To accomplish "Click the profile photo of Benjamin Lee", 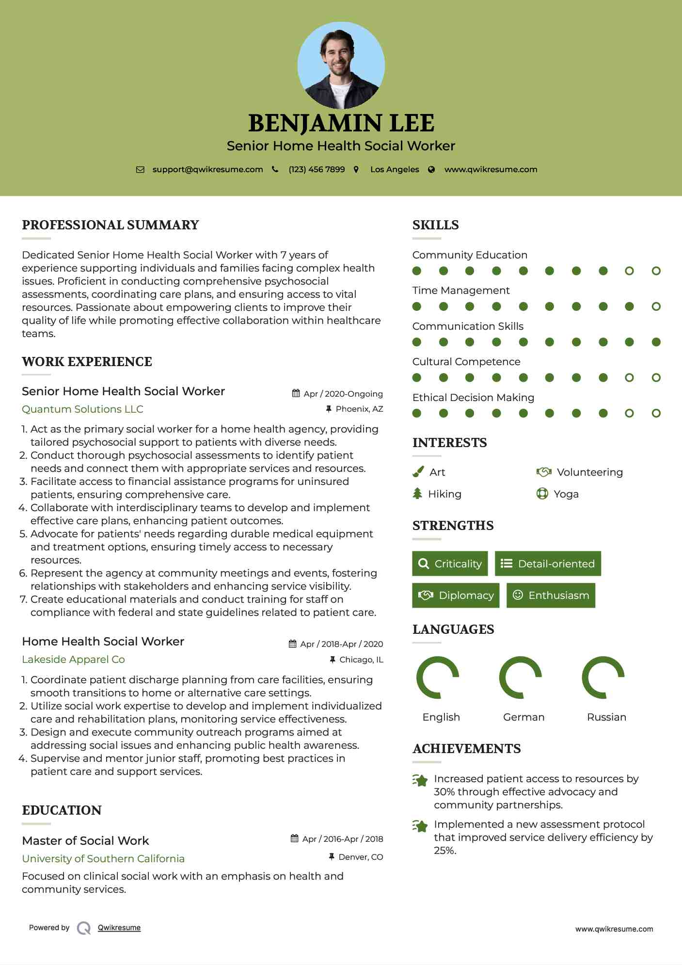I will pyautogui.click(x=341, y=65).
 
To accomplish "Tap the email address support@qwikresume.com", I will pyautogui.click(x=207, y=169).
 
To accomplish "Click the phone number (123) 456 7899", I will pyautogui.click(x=317, y=169).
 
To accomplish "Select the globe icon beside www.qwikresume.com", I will pyautogui.click(x=431, y=170).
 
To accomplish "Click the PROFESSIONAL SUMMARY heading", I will pyautogui.click(x=111, y=225).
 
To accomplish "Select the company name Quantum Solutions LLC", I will pyautogui.click(x=82, y=409).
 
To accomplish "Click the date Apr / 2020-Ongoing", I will pyautogui.click(x=343, y=394).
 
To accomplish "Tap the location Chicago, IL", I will pyautogui.click(x=361, y=659).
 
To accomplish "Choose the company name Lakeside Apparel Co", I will pyautogui.click(x=73, y=659).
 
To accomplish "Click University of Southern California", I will pyautogui.click(x=103, y=858).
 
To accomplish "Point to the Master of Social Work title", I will pyautogui.click(x=85, y=840).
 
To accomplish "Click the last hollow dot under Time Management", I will pyautogui.click(x=656, y=306).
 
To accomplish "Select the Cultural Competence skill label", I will pyautogui.click(x=466, y=362).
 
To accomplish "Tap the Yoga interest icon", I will pyautogui.click(x=542, y=494).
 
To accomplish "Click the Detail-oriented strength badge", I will pyautogui.click(x=548, y=563).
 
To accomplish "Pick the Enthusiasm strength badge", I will pyautogui.click(x=551, y=595).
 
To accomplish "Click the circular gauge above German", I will pyautogui.click(x=520, y=677).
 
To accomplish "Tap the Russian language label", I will pyautogui.click(x=606, y=717).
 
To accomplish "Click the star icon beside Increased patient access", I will pyautogui.click(x=420, y=780).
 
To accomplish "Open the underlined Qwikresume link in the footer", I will pyautogui.click(x=119, y=927).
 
